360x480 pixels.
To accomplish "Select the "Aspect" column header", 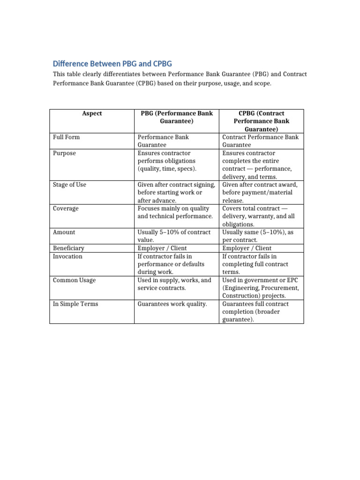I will (x=92, y=113).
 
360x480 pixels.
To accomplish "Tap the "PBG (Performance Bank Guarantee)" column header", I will (x=177, y=117).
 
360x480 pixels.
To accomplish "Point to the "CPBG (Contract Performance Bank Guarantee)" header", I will (x=262, y=121).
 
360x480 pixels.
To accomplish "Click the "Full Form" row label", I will (x=66, y=137).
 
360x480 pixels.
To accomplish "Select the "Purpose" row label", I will (x=64, y=153).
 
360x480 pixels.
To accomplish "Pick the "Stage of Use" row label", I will (x=69, y=185).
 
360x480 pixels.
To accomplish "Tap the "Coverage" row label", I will (x=66, y=209).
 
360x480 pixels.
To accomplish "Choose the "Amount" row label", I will (x=64, y=232).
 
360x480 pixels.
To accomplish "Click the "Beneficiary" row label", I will (x=68, y=248).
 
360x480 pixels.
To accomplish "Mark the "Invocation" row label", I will (x=67, y=256).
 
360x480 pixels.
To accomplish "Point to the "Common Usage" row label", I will (x=75, y=280).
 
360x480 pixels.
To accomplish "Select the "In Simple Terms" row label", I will (x=75, y=304).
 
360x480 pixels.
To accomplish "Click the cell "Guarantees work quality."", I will (x=172, y=304).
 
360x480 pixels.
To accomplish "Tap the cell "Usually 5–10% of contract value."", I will (x=174, y=236).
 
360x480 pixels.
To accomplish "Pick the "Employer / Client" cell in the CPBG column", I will (x=247, y=248).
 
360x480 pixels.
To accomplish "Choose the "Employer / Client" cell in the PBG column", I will (x=162, y=248).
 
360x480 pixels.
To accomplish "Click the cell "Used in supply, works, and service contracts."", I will (x=174, y=284).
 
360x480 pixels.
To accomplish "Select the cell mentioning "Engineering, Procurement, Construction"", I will (x=261, y=288).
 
